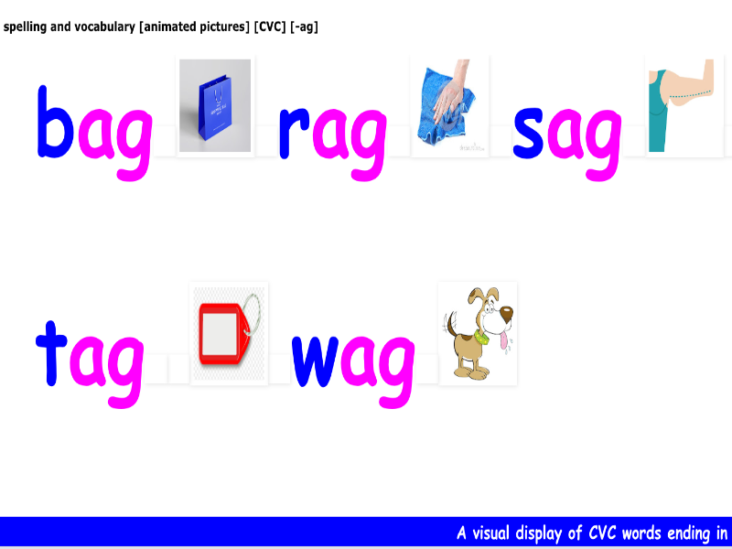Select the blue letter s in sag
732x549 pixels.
[x=529, y=135]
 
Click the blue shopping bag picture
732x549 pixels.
[x=215, y=105]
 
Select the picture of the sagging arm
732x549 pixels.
[x=685, y=105]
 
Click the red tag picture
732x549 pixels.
[x=228, y=334]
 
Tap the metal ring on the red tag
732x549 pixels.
[x=256, y=311]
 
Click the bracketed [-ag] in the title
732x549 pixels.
[x=304, y=27]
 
